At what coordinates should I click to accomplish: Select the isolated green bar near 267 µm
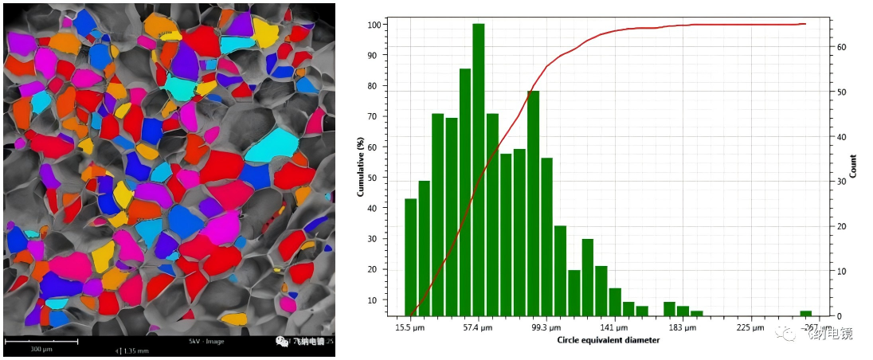806,313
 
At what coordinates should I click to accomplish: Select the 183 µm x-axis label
682,327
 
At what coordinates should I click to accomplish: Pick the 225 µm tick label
750,327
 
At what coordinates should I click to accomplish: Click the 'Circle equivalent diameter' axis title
609,341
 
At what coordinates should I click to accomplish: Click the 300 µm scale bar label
41,349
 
